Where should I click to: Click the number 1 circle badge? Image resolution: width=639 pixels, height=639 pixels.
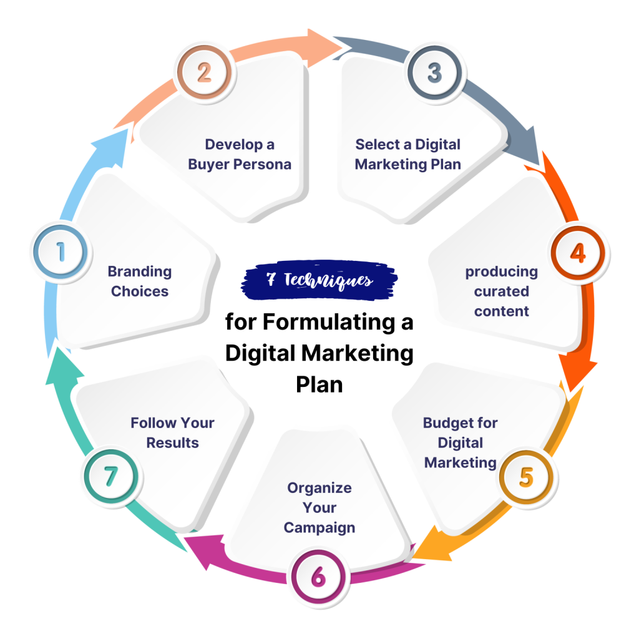61,253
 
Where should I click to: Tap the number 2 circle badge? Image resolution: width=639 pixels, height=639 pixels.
203,73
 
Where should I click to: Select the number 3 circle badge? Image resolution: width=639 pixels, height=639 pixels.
435,73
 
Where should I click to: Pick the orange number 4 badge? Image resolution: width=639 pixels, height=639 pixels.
578,253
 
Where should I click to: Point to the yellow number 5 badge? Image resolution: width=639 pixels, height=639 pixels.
526,477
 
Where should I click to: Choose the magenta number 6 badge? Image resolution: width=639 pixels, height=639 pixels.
318,577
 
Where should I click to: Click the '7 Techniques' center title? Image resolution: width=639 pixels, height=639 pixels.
319,280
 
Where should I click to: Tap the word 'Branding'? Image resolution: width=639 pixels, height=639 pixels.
140,271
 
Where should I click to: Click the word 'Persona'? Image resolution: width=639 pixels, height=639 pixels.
264,165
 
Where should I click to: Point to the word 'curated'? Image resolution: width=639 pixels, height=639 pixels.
501,291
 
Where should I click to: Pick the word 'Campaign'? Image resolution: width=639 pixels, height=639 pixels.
319,527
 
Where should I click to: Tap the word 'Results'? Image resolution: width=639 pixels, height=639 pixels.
172,442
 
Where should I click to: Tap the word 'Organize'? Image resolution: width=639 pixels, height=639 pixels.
319,487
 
